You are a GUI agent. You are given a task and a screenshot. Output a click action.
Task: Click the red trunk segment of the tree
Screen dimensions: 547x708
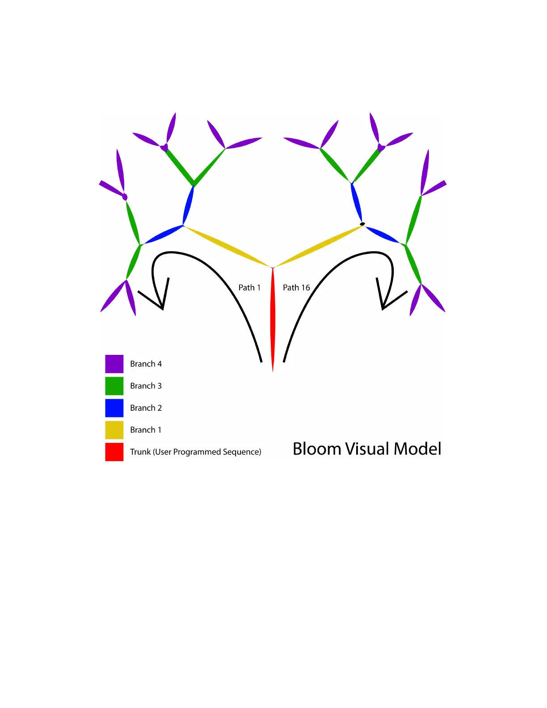point(273,320)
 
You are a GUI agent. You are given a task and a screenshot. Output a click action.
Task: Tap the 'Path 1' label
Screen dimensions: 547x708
point(249,287)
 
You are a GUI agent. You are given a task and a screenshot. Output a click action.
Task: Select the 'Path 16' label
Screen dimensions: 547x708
point(296,287)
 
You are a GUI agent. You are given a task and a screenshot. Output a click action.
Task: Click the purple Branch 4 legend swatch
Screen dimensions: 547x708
point(114,364)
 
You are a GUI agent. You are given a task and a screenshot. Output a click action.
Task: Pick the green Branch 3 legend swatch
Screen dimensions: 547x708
point(114,386)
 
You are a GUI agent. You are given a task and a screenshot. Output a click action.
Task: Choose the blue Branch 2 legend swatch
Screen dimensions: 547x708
point(114,408)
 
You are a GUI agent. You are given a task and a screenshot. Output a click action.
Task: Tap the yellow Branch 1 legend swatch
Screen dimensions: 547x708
point(114,430)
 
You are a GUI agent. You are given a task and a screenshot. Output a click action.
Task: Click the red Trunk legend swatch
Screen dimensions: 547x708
point(114,452)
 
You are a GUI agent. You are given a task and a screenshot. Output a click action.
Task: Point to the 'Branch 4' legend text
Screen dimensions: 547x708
point(146,364)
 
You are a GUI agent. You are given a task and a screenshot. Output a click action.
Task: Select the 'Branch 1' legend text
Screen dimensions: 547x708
point(146,430)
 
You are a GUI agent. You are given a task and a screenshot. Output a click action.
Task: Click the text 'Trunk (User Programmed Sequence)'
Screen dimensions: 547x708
point(195,452)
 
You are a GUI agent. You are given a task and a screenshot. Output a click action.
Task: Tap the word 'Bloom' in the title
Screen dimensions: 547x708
point(317,449)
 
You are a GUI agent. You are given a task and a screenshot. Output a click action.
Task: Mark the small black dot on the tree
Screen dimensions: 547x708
point(362,224)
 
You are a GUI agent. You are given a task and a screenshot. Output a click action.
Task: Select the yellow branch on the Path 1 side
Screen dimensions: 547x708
point(228,246)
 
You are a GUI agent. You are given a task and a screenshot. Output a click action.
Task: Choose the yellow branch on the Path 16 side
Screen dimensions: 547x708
point(318,246)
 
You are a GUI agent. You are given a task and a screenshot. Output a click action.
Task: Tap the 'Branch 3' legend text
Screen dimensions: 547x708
point(146,386)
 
